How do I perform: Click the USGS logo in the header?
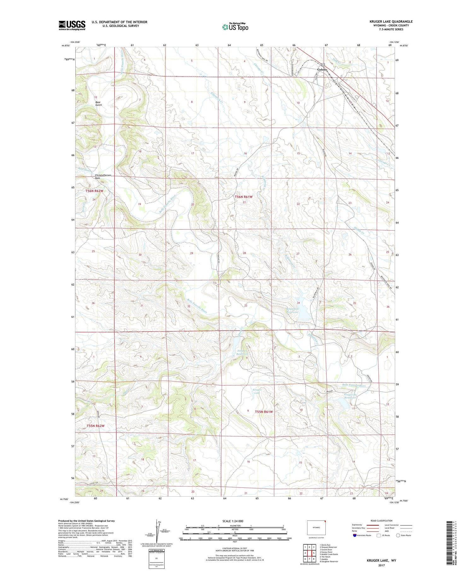coord(72,25)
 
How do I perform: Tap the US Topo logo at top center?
coord(235,27)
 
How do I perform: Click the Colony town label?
coord(322,69)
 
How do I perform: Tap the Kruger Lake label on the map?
coord(257,391)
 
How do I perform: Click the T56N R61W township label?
coord(244,197)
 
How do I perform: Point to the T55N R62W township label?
coord(95,426)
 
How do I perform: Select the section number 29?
coord(191,253)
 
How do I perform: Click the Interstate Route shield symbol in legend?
coord(354,535)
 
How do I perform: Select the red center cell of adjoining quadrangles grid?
coord(314,553)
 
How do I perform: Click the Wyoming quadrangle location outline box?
coord(316,528)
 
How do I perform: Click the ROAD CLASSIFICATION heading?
coord(382,521)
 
